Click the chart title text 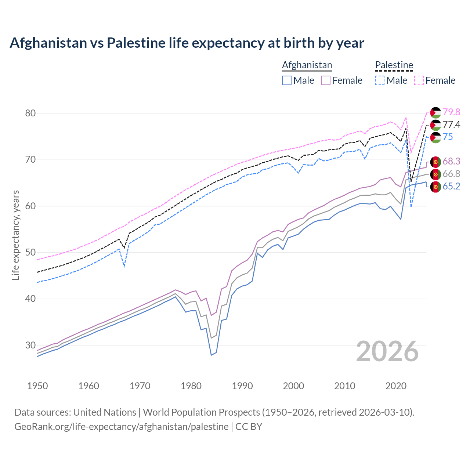(187, 43)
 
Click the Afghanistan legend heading (307, 65)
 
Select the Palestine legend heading (394, 65)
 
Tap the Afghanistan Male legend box (287, 80)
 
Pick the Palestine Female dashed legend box (419, 80)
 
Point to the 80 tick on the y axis (30, 113)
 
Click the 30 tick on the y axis (30, 345)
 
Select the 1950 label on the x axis (37, 386)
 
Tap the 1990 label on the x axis (242, 386)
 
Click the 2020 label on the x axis (396, 386)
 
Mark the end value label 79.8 (451, 112)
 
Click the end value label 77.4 (451, 125)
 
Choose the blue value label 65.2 (451, 187)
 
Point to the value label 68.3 (451, 161)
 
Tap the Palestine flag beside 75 (435, 137)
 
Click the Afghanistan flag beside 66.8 (435, 174)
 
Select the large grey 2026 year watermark (387, 351)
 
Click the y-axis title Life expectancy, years (15, 235)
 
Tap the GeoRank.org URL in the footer (121, 427)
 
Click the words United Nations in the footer (105, 412)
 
